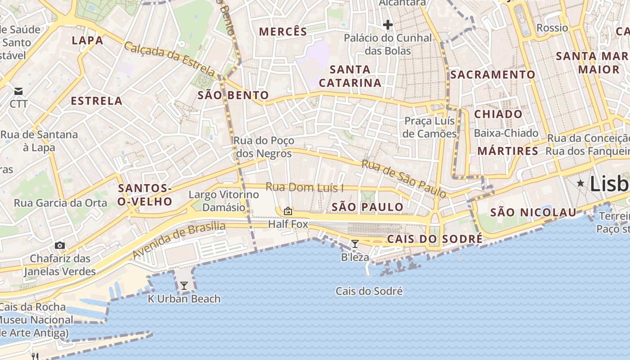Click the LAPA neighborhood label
pos(88,40)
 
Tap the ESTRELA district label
pos(97,101)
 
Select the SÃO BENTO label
pos(233,95)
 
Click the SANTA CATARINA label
pos(350,76)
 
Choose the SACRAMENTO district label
pos(493,75)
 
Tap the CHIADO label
pos(498,114)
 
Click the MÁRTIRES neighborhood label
pos(508,151)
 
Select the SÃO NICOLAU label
pos(533,212)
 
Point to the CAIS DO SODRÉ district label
pos(434,239)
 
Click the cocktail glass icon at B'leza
pos(355,244)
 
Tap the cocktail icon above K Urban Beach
pos(184,285)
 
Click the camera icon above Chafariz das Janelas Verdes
pos(60,245)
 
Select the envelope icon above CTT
pos(18,91)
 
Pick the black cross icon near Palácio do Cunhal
pos(387,24)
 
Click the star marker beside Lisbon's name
pos(581,183)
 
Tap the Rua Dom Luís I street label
pos(305,187)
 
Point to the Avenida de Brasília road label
pos(179,240)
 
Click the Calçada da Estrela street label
pos(170,59)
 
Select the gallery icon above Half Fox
pos(288,211)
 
